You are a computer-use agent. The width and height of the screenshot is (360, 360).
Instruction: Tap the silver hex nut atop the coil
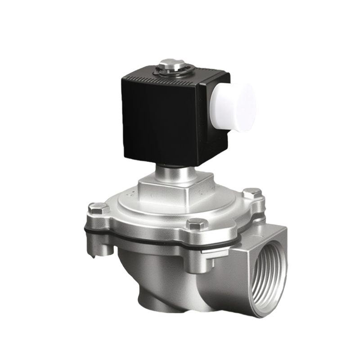coord(171,64)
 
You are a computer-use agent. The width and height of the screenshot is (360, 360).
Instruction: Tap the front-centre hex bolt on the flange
coord(197,224)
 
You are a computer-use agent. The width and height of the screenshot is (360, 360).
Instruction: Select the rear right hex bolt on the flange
coord(252,194)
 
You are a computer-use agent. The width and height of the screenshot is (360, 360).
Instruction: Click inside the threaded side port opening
coord(269,274)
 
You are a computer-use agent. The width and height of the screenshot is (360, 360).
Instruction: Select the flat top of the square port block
coord(265,232)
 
